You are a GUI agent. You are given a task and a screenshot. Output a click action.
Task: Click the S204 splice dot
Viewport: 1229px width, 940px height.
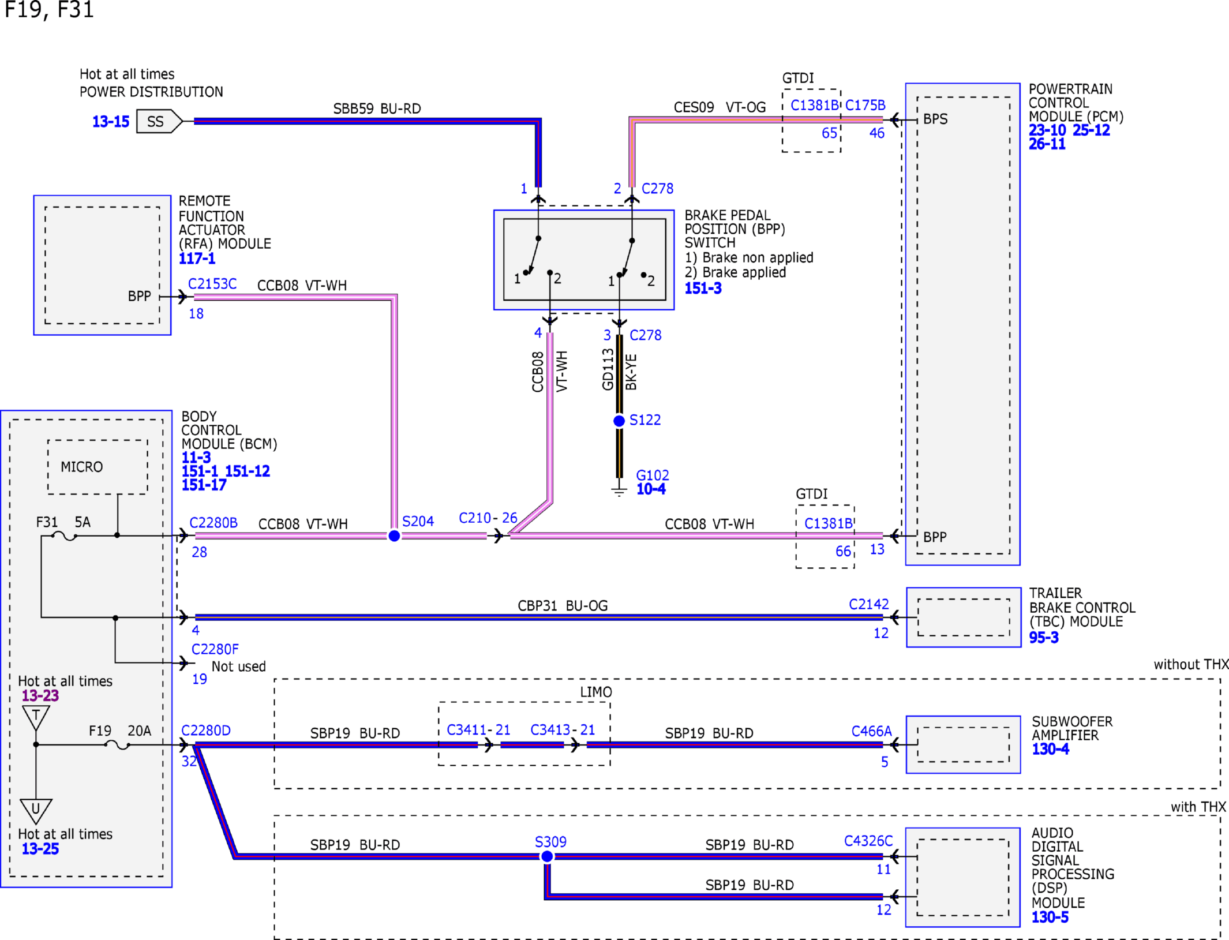coord(394,536)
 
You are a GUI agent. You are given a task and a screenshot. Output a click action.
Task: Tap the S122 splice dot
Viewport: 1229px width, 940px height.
coord(619,421)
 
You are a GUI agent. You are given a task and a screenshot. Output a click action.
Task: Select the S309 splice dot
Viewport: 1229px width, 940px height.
coord(547,856)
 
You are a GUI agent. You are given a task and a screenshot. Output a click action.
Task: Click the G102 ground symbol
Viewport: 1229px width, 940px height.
coord(619,490)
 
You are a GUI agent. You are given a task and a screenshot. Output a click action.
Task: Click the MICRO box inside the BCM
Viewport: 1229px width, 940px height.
coord(98,467)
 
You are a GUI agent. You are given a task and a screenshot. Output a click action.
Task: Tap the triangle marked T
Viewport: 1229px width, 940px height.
coord(36,717)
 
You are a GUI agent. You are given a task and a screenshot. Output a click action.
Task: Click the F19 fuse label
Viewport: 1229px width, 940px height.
coord(100,731)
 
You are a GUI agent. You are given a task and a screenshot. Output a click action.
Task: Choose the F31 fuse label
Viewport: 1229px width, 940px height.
coord(47,522)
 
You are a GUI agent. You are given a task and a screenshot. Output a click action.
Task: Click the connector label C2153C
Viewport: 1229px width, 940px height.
coord(212,284)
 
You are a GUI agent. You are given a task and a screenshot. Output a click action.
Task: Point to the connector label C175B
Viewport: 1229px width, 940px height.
coord(865,106)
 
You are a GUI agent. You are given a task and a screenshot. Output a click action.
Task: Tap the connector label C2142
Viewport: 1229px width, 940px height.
coord(868,604)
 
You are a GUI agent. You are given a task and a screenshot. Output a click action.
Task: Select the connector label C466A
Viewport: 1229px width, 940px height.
coord(871,731)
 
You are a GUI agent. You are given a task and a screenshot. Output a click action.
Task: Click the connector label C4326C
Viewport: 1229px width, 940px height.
coord(868,841)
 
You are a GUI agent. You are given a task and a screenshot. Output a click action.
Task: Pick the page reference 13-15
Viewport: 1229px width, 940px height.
coord(111,122)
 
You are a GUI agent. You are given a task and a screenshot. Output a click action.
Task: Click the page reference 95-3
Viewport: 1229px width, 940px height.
coord(1044,638)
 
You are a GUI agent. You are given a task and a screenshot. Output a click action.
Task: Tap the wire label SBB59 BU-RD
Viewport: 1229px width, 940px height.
coord(377,108)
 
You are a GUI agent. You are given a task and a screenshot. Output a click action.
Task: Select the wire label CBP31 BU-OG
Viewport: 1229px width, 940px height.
coord(563,606)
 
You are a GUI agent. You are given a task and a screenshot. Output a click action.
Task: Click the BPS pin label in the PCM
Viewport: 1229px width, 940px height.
coord(935,119)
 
